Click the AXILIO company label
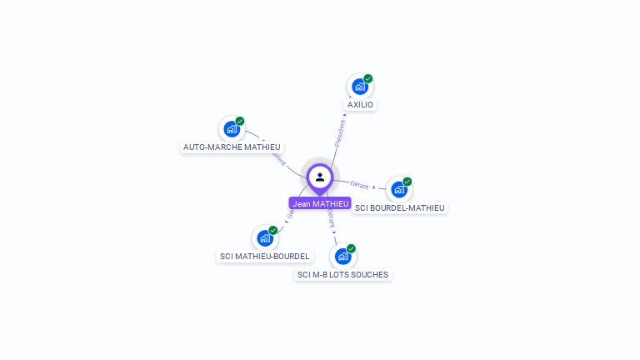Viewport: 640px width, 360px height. (x=361, y=105)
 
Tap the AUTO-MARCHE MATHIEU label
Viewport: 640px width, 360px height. (x=232, y=147)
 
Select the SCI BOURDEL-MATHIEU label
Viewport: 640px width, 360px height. (x=400, y=207)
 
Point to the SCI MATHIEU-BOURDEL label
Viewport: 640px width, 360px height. (x=264, y=256)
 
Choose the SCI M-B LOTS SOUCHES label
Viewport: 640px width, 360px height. (x=342, y=274)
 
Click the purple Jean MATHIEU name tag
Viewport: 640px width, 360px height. (x=320, y=203)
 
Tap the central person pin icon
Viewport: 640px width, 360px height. (x=320, y=177)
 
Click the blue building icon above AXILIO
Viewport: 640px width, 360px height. (x=359, y=87)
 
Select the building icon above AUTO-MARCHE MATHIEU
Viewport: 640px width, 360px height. (x=231, y=129)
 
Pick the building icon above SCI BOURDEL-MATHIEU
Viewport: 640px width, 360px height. (x=398, y=190)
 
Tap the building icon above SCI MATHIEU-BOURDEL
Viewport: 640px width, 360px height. (x=264, y=238)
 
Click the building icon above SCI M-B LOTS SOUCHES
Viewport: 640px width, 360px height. (x=342, y=257)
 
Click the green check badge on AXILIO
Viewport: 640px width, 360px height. (x=368, y=78)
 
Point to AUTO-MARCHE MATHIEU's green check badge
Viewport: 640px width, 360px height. (x=240, y=121)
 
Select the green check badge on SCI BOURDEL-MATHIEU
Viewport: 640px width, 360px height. (x=407, y=182)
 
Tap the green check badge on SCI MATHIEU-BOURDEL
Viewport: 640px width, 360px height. (x=273, y=230)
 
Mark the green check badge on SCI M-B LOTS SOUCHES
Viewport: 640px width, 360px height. (x=352, y=248)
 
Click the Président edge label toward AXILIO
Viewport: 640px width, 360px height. (x=340, y=133)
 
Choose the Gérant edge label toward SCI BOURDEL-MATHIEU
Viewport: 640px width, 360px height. (x=360, y=184)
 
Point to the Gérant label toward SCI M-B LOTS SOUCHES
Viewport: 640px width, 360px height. (x=331, y=218)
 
